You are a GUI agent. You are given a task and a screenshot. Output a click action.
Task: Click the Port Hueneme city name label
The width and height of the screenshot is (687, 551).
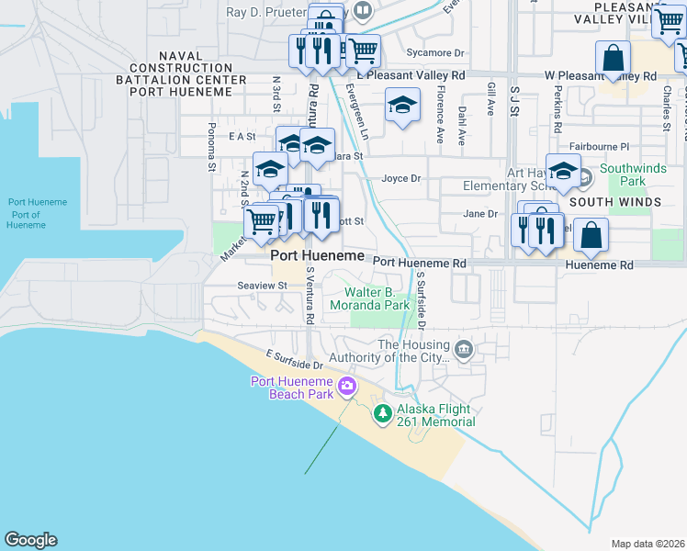(317, 255)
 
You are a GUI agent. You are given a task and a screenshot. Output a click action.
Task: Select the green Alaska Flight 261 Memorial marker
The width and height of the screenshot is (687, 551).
(383, 415)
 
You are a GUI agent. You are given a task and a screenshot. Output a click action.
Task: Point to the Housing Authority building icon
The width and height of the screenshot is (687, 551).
(465, 349)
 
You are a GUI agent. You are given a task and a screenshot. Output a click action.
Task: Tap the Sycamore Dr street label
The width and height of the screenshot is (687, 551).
(435, 54)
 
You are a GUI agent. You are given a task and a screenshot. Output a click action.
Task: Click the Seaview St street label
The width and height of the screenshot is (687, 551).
(263, 286)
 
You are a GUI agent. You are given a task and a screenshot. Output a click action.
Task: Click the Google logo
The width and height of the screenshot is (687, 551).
(30, 540)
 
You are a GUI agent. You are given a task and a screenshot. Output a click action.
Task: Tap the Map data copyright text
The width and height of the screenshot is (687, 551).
(648, 544)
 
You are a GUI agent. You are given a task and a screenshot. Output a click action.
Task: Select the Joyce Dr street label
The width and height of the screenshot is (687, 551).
(400, 178)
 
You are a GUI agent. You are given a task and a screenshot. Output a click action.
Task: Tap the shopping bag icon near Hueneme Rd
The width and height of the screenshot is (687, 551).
(591, 236)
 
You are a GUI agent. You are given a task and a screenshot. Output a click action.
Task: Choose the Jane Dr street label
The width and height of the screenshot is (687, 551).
(479, 214)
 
